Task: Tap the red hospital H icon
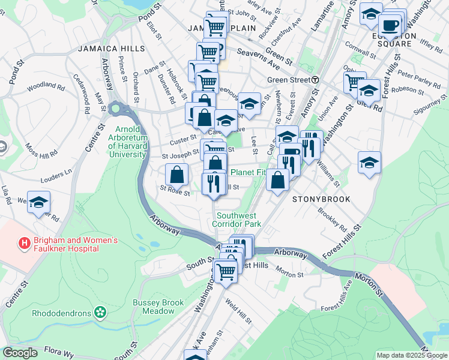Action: point(25,244)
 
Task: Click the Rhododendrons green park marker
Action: point(100,313)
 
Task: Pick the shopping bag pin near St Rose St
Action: point(177,175)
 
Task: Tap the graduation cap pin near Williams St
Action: point(369,163)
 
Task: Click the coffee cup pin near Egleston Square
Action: point(390,25)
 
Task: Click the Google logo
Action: point(20,353)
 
